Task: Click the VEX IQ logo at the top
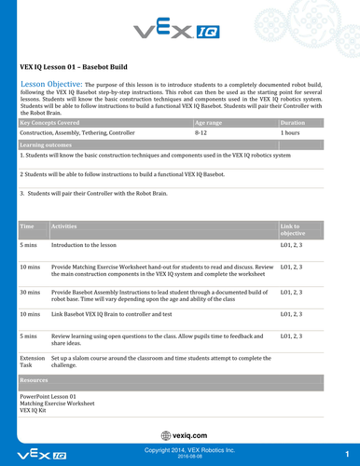[x=180, y=34]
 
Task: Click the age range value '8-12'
[x=201, y=133]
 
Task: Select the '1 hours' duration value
[x=292, y=133]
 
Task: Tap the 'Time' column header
[x=27, y=226]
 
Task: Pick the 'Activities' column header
[x=65, y=226]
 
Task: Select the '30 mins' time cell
[x=30, y=292]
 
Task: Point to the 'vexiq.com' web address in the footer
[x=182, y=433]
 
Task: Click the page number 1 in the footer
[x=346, y=454]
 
